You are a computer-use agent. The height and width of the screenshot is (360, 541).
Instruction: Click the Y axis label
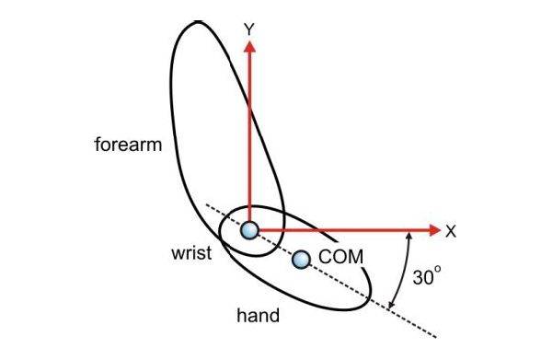(249, 29)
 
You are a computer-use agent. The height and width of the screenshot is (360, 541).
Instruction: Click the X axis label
(451, 231)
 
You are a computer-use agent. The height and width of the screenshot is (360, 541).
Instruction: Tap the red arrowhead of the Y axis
(249, 46)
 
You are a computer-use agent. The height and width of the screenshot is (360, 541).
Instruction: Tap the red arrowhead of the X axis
(435, 229)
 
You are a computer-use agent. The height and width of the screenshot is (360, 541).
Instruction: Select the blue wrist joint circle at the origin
(249, 230)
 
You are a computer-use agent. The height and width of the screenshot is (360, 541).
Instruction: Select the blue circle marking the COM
(301, 260)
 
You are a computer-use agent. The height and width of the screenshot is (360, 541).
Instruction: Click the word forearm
(128, 145)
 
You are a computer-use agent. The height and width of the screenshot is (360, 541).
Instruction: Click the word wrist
(191, 253)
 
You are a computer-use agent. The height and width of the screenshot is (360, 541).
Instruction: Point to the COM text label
(340, 257)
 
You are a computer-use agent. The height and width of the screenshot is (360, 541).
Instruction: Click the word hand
(258, 315)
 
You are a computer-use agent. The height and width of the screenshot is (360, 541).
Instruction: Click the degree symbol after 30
(438, 269)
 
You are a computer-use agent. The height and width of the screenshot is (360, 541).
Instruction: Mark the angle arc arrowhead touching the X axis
(409, 236)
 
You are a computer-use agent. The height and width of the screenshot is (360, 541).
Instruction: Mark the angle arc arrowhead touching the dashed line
(391, 305)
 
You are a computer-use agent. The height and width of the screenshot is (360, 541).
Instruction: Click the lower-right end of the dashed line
(436, 337)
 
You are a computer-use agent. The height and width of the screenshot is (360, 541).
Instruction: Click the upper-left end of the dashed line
(207, 204)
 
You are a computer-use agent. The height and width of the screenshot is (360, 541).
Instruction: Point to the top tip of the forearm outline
(197, 21)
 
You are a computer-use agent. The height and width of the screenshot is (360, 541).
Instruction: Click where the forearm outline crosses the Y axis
(249, 107)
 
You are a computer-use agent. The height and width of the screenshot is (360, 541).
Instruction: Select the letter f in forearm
(98, 144)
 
